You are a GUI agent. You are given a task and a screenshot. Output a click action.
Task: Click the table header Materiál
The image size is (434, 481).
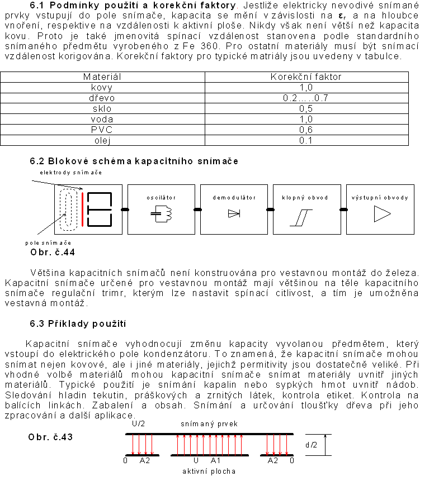102,77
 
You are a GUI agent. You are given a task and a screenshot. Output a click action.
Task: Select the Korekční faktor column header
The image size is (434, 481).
306,77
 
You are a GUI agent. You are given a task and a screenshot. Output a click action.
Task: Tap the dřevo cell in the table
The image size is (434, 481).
102,98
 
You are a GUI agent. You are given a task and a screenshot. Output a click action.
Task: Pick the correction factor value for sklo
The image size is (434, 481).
306,108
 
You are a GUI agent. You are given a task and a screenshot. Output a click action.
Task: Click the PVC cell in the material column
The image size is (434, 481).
102,130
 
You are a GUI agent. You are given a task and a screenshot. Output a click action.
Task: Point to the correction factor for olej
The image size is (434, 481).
306,140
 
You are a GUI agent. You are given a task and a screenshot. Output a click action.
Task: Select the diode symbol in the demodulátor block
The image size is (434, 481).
234,213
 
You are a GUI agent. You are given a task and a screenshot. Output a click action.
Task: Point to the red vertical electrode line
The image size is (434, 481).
82,209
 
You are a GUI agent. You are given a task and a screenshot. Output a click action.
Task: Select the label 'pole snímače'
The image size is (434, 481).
48,242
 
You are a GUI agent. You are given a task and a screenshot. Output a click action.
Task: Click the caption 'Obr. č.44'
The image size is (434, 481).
53,253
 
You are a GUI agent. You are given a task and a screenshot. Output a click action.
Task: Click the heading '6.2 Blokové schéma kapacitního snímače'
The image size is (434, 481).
134,161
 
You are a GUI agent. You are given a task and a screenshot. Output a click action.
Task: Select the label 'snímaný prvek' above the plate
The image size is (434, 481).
209,424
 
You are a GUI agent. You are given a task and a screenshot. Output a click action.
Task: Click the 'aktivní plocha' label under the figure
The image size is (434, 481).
209,471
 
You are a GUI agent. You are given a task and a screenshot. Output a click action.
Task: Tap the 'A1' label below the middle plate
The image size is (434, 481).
216,461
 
